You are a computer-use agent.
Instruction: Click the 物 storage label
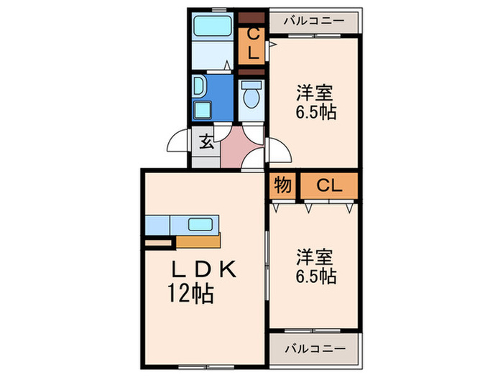(282, 185)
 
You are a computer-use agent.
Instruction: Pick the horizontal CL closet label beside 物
(328, 185)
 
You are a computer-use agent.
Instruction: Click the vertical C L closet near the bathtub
(253, 43)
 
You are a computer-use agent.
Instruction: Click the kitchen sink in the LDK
(199, 224)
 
